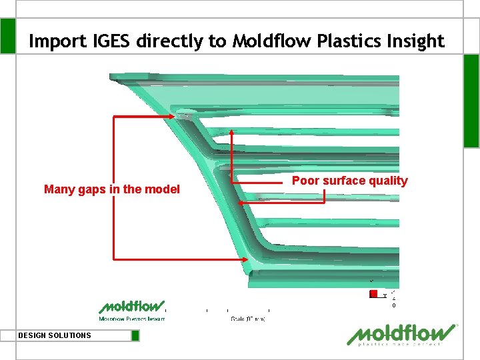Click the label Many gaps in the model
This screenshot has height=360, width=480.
point(112,189)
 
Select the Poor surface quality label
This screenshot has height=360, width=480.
point(349,181)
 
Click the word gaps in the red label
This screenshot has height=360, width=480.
point(92,189)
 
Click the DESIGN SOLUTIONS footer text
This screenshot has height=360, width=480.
point(55,335)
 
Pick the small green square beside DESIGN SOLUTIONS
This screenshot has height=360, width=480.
point(135,335)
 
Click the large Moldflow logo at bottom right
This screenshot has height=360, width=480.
point(403,335)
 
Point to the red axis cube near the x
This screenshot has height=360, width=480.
point(373,294)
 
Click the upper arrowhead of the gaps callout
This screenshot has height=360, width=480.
point(175,117)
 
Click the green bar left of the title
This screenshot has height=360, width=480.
point(7,35)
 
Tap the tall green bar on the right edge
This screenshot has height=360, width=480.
point(471,100)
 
